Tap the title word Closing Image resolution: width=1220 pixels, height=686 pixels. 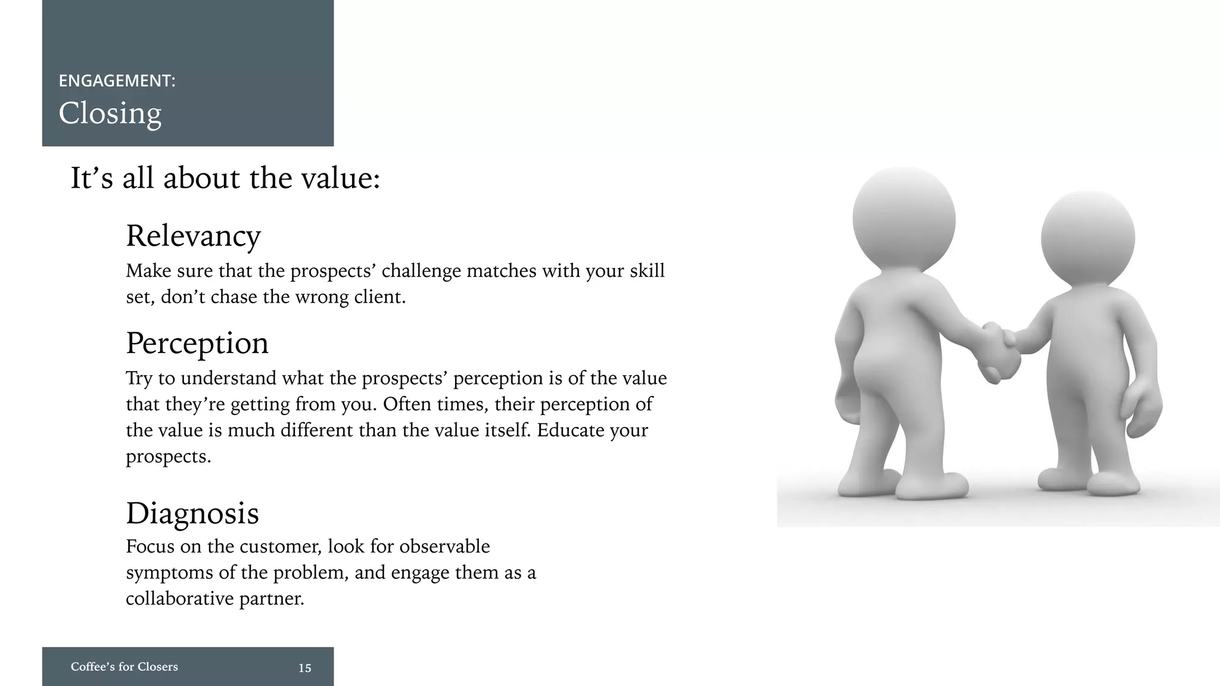pyautogui.click(x=110, y=113)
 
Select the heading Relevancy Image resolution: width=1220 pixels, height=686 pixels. pyautogui.click(x=193, y=236)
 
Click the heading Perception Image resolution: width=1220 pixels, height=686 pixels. pyautogui.click(x=197, y=344)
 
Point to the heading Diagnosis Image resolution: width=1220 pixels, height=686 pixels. pyautogui.click(x=192, y=513)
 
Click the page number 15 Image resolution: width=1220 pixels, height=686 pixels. pyautogui.click(x=305, y=668)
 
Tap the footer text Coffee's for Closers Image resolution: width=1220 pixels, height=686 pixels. pyautogui.click(x=124, y=667)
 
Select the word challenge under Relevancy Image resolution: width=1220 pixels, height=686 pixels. pyautogui.click(x=421, y=271)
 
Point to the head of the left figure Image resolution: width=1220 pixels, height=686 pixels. pyautogui.click(x=904, y=219)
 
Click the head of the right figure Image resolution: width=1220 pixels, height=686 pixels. pyautogui.click(x=1088, y=238)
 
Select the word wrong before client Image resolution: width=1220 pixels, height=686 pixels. pyautogui.click(x=322, y=297)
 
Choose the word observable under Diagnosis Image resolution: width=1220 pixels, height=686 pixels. pyautogui.click(x=444, y=547)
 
